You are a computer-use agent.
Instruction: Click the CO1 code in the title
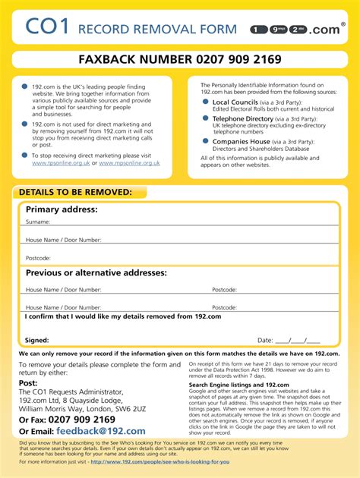[46, 29]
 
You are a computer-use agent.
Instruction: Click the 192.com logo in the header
[292, 30]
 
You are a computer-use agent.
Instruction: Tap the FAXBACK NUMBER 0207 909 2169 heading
[180, 59]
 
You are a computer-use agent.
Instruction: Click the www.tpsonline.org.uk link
[61, 162]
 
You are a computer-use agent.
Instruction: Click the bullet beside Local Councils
[206, 102]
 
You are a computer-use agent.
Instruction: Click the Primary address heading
[62, 209]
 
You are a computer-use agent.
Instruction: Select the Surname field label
[38, 222]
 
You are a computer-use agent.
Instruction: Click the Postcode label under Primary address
[38, 258]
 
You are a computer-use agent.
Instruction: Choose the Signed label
[36, 341]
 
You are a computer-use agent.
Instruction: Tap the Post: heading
[28, 383]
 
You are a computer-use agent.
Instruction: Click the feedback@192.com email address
[101, 431]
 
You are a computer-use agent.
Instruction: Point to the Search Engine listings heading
[238, 385]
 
